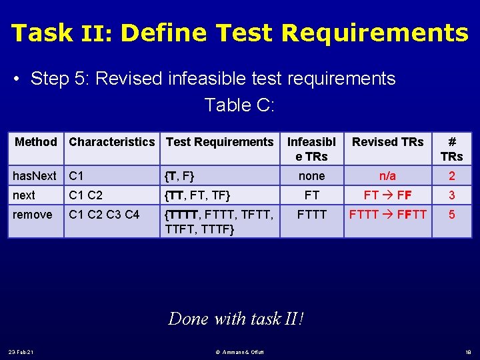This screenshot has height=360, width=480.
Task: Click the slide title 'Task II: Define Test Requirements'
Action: coord(240,32)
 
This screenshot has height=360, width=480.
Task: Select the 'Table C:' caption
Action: coord(239,105)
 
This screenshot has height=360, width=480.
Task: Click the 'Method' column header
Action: coord(36,141)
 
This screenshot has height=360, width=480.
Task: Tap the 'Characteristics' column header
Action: coord(111,141)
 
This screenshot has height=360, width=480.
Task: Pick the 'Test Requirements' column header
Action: coord(219,141)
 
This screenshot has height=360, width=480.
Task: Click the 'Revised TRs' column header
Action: coord(387,141)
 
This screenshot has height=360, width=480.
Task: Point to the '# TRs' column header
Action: coord(451,148)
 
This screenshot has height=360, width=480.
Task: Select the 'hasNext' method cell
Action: coord(35,176)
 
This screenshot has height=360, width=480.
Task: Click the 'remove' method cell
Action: coord(32,215)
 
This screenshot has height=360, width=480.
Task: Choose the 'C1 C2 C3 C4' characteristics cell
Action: coord(104,215)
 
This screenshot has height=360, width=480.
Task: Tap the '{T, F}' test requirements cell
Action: coord(180,176)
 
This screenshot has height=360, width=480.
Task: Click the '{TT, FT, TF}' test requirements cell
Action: coord(198,195)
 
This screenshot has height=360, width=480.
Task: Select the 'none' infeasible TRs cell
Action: coord(311,176)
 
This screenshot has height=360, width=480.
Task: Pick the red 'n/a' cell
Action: coord(387,176)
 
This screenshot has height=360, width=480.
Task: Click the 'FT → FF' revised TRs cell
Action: coord(387,195)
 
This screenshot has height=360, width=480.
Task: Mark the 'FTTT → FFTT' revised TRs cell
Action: coord(387,215)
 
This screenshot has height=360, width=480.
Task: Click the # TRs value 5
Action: coord(451,215)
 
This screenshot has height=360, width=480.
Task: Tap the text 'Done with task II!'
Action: coord(237,319)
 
